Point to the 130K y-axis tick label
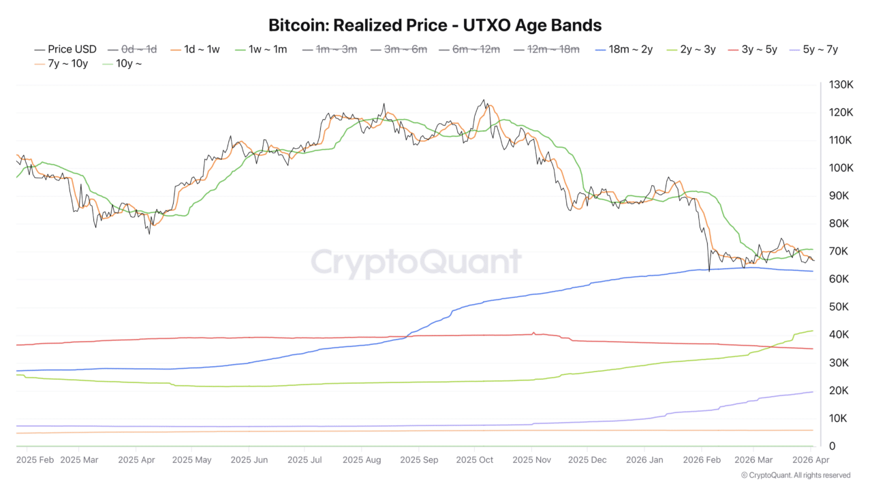(841, 84)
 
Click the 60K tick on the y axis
(839, 279)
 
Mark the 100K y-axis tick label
(841, 168)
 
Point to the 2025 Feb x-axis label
(35, 460)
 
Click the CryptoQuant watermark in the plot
(416, 262)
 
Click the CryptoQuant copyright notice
(795, 475)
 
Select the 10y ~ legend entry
(123, 63)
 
